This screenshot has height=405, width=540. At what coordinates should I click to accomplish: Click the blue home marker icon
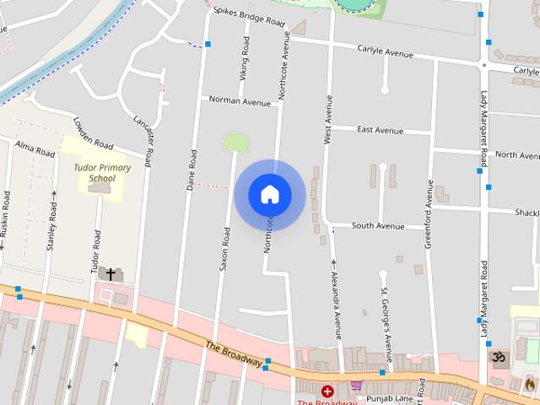(270, 195)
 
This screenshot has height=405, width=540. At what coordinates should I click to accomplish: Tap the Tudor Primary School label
(102, 173)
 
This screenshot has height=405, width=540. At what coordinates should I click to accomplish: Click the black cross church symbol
(110, 274)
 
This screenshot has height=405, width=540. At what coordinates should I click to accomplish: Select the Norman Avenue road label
(240, 101)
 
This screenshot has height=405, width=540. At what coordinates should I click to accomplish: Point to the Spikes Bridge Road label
(249, 17)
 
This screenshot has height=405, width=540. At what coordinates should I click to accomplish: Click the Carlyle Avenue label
(385, 51)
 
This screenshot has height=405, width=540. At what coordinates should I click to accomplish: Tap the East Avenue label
(380, 130)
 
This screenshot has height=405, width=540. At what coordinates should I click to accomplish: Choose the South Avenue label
(378, 226)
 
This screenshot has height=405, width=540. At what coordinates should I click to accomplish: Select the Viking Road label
(245, 62)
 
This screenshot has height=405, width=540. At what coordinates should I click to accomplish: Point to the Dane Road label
(193, 168)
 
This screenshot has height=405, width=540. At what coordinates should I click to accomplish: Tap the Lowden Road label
(92, 133)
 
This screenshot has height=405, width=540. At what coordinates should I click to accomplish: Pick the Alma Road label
(35, 149)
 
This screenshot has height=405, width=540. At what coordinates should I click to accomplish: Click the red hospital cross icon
(327, 391)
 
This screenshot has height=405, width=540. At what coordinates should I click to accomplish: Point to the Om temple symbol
(499, 359)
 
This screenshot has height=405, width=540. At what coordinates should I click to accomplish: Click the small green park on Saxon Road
(235, 142)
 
